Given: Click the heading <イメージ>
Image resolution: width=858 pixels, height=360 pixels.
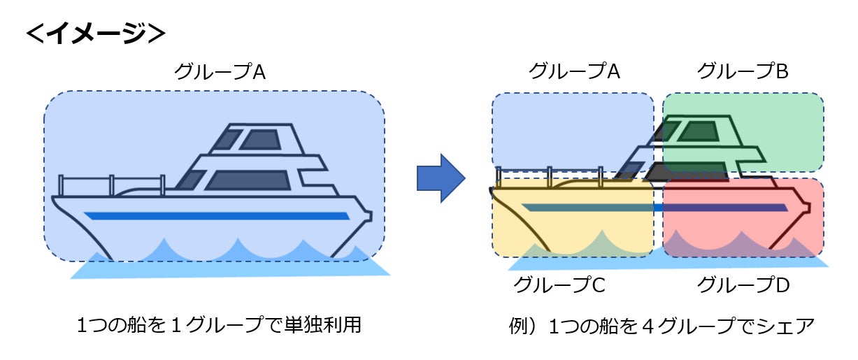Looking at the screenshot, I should pyautogui.click(x=95, y=33).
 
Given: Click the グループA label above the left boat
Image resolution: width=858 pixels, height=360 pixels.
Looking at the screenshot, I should pyautogui.click(x=219, y=71).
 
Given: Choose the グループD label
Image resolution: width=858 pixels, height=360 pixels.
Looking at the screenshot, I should pyautogui.click(x=743, y=285).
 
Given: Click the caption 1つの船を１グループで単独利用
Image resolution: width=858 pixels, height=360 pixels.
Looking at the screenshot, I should pyautogui.click(x=219, y=326).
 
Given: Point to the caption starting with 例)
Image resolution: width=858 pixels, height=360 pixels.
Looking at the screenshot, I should pyautogui.click(x=662, y=326).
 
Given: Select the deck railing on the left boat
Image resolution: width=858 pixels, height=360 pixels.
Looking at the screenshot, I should pyautogui.click(x=87, y=185).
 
